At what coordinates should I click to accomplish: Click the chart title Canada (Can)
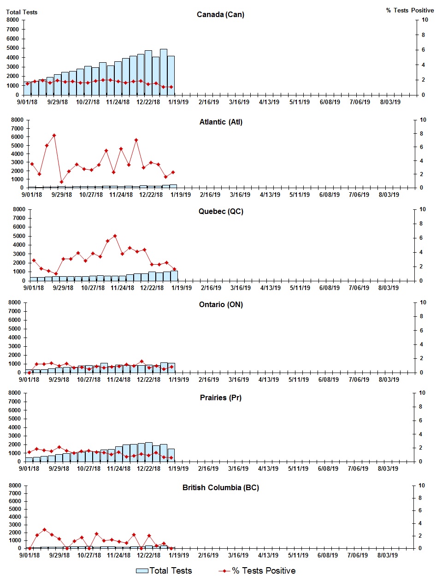[220, 14]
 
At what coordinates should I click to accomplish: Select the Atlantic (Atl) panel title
[221, 122]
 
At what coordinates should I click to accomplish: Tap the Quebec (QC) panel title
[221, 211]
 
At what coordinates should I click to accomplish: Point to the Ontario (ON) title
[221, 304]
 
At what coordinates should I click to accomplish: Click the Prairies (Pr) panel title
[220, 397]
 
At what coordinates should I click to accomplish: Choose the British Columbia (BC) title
[220, 487]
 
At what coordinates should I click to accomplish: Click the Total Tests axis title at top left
[22, 12]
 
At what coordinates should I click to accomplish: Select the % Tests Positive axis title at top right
[410, 10]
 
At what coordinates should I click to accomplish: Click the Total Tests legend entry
[164, 570]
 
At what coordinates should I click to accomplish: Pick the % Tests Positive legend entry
[257, 570]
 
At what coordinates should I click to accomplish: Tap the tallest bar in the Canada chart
[163, 71]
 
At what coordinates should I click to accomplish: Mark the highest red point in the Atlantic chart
[54, 136]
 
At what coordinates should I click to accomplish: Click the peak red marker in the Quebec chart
[115, 236]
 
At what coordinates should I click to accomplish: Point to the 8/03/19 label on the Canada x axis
[390, 102]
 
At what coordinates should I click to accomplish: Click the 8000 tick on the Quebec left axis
[19, 209]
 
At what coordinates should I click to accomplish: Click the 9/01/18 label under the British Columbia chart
[29, 555]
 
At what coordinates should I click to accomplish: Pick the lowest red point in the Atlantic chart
[61, 182]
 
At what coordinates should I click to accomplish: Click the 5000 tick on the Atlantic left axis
[17, 145]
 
